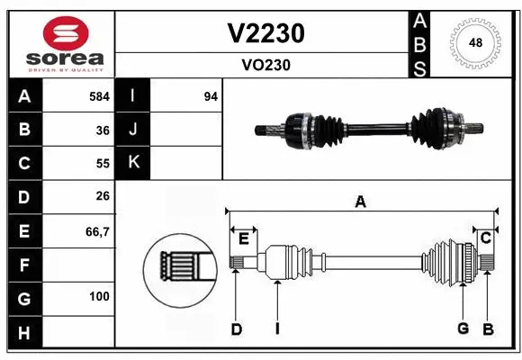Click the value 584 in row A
pyautogui.click(x=99, y=96)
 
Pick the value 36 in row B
pyautogui.click(x=103, y=130)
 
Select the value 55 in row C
pyautogui.click(x=103, y=164)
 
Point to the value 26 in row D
pyautogui.click(x=103, y=197)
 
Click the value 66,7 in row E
pyautogui.click(x=97, y=231)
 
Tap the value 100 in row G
pyautogui.click(x=99, y=296)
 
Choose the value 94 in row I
pyautogui.click(x=211, y=96)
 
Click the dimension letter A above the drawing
pyautogui.click(x=360, y=202)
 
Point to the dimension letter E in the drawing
pyautogui.click(x=243, y=238)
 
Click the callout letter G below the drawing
pyautogui.click(x=463, y=328)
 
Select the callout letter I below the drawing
pyautogui.click(x=277, y=328)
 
